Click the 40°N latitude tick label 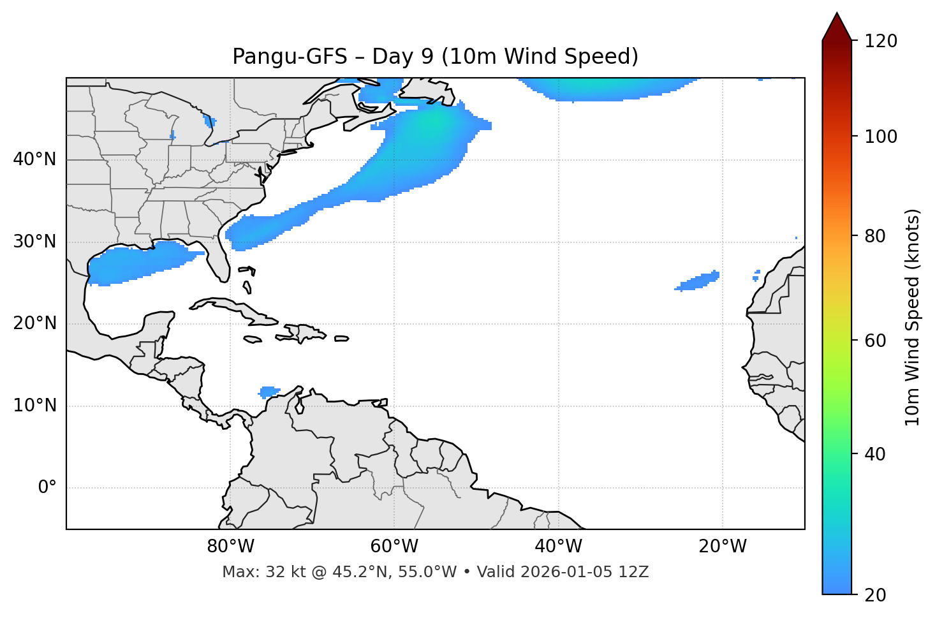pos(34,159)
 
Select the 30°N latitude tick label pos(34,242)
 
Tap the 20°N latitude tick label pos(34,323)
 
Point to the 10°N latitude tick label pos(34,406)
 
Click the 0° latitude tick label pos(47,488)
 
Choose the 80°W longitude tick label pos(230,547)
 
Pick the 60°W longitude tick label pos(394,547)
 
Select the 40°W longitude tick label pos(558,547)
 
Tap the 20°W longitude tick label pos(722,547)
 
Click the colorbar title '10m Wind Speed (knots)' pos(913,318)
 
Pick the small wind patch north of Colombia pos(269,391)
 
